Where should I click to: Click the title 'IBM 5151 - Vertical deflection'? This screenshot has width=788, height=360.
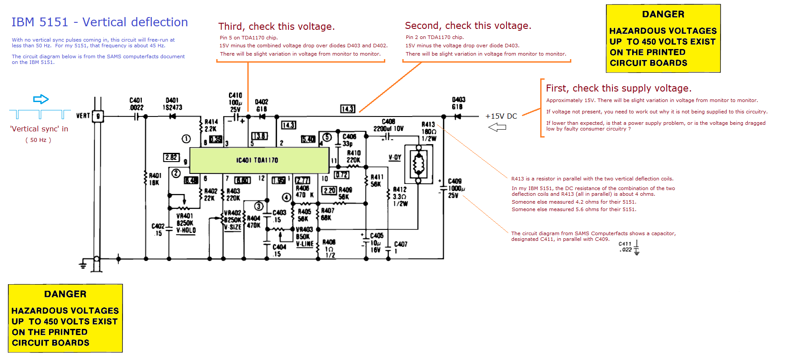99,22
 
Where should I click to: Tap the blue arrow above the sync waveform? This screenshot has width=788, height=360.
41,99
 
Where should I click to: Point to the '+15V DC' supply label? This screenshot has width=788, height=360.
501,116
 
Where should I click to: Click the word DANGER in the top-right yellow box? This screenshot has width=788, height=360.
663,14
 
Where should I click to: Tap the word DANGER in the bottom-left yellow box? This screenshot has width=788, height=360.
65,294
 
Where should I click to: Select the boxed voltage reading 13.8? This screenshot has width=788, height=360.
259,136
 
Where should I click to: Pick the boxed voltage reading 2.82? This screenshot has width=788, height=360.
171,157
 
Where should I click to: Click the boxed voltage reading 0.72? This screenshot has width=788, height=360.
341,175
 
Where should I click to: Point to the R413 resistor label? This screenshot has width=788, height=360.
428,124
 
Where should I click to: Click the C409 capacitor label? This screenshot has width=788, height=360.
454,181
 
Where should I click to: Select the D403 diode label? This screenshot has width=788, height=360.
458,100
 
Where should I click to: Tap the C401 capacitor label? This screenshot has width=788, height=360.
136,100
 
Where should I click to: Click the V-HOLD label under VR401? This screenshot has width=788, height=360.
186,230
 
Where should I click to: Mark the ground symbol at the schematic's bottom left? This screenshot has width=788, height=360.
83,264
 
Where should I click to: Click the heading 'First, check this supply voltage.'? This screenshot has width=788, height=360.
619,88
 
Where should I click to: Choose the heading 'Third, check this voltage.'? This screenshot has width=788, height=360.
276,27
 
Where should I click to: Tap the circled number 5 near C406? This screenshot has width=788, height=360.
327,137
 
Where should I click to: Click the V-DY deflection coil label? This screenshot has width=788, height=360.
394,157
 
